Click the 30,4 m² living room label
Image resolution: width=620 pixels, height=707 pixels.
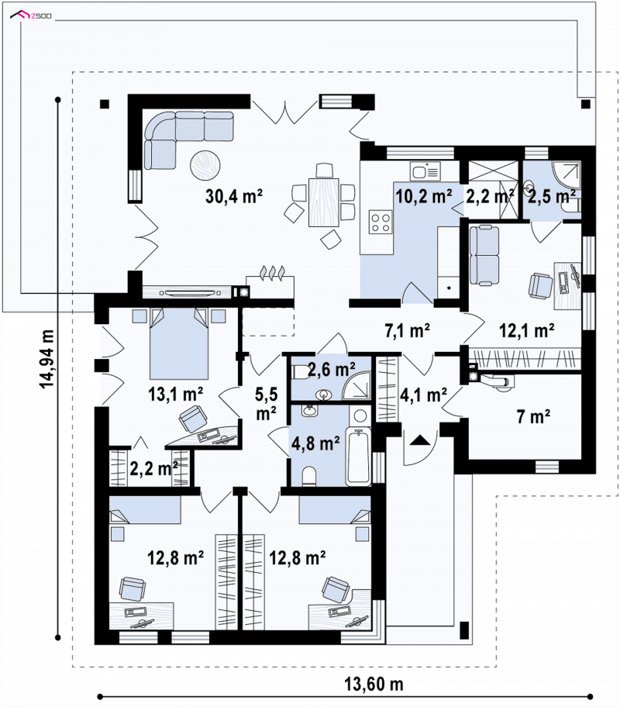tap(234, 196)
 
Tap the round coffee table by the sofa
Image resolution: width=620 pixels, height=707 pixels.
tap(205, 165)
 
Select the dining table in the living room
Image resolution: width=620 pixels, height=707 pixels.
tap(323, 202)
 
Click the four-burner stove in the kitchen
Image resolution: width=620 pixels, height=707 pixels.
tap(380, 222)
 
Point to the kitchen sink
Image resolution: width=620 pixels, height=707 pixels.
tap(425, 171)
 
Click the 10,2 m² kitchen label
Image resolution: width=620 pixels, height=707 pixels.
tap(424, 197)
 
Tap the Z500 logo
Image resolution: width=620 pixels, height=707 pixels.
tap(31, 16)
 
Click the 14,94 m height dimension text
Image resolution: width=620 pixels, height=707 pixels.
tap(46, 359)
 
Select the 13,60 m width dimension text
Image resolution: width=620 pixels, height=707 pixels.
tap(374, 684)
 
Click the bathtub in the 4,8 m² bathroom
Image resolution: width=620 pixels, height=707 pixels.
tap(359, 457)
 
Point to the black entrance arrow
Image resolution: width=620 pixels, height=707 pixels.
tap(420, 440)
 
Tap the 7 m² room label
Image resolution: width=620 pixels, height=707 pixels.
tap(533, 416)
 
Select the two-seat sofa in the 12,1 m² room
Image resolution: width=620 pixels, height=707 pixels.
tap(484, 256)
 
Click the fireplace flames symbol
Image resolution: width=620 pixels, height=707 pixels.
tap(271, 273)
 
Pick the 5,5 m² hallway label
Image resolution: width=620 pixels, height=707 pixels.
tap(267, 404)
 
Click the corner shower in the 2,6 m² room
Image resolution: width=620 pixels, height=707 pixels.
tap(356, 385)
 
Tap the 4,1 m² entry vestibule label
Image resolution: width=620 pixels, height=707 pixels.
tap(423, 395)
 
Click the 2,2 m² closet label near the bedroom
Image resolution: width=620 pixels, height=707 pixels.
tap(153, 468)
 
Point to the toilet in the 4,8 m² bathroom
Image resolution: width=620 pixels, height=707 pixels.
tap(309, 477)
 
